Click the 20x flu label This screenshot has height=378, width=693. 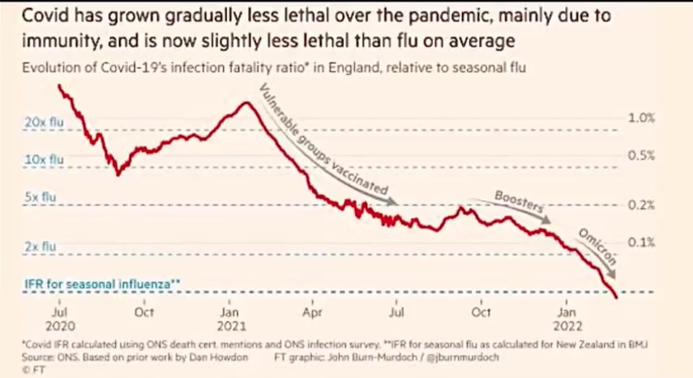41,122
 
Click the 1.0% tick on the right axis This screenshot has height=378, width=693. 641,118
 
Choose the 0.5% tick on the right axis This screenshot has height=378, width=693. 641,156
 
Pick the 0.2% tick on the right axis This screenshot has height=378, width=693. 641,204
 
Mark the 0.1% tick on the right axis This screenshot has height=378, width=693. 641,242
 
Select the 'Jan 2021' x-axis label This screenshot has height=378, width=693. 229,317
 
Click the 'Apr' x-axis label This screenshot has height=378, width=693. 314,311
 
